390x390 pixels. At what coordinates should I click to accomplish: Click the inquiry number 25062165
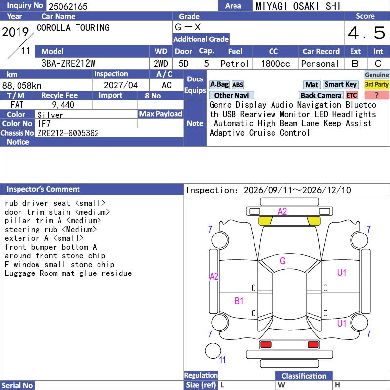tap(68, 6)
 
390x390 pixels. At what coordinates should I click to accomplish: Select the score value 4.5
tap(367, 33)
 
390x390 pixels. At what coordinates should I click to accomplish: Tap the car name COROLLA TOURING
tap(73, 28)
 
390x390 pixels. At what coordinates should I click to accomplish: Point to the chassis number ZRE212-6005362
tap(68, 133)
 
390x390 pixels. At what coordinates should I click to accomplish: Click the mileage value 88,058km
tap(22, 86)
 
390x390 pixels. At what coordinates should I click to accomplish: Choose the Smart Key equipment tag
tap(340, 84)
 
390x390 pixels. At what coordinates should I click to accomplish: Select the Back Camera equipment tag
tap(321, 95)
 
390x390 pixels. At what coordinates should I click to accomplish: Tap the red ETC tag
tap(351, 95)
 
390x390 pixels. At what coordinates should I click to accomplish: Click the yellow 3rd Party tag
tap(376, 84)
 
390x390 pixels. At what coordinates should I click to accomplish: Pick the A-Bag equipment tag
tap(219, 84)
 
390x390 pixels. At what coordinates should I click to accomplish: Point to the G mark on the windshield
tap(283, 261)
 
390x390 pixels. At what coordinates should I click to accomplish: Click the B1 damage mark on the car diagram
tap(239, 301)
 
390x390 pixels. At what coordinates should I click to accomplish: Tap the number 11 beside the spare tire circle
tap(222, 360)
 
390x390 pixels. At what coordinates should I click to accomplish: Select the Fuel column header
tap(235, 52)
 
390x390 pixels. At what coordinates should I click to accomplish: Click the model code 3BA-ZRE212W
tap(68, 64)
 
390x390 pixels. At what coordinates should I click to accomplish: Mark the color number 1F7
tap(44, 124)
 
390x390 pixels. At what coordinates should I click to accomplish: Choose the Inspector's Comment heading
tap(43, 189)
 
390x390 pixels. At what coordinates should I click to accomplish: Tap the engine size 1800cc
tap(275, 64)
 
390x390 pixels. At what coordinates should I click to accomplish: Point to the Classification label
tap(304, 376)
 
